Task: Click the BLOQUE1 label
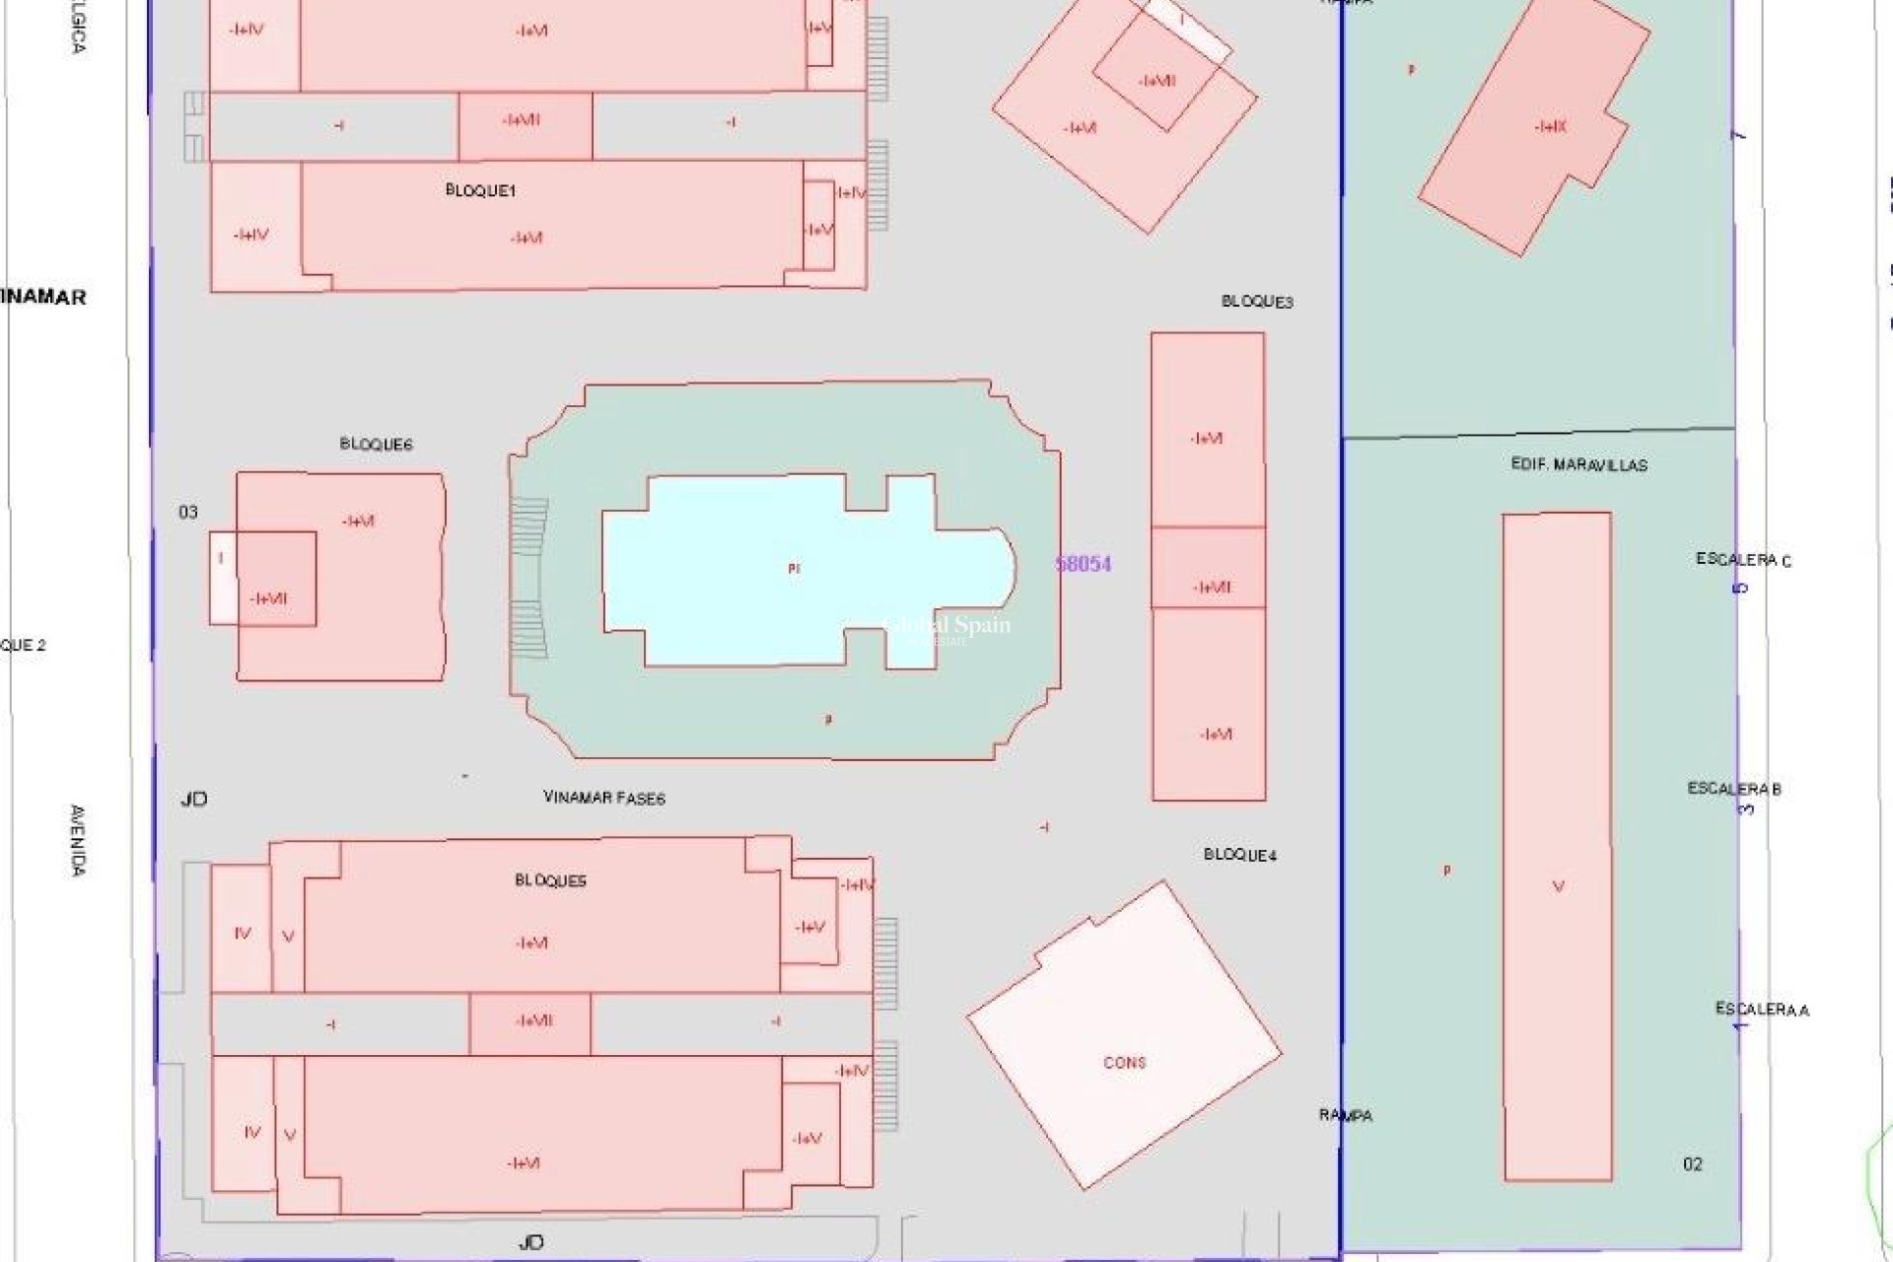[480, 190]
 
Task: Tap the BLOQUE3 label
[1257, 302]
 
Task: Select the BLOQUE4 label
[1239, 855]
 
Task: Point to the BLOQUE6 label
[376, 444]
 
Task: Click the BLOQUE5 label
[550, 880]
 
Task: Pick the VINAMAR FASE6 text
[604, 797]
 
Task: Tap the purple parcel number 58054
[1083, 564]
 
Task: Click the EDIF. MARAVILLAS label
[1578, 464]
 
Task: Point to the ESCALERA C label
[1743, 560]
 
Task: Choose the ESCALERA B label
[1734, 789]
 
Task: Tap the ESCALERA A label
[1762, 1010]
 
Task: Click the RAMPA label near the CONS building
[1346, 1115]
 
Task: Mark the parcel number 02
[1692, 1164]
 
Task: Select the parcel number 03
[187, 512]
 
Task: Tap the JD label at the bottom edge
[530, 1242]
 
